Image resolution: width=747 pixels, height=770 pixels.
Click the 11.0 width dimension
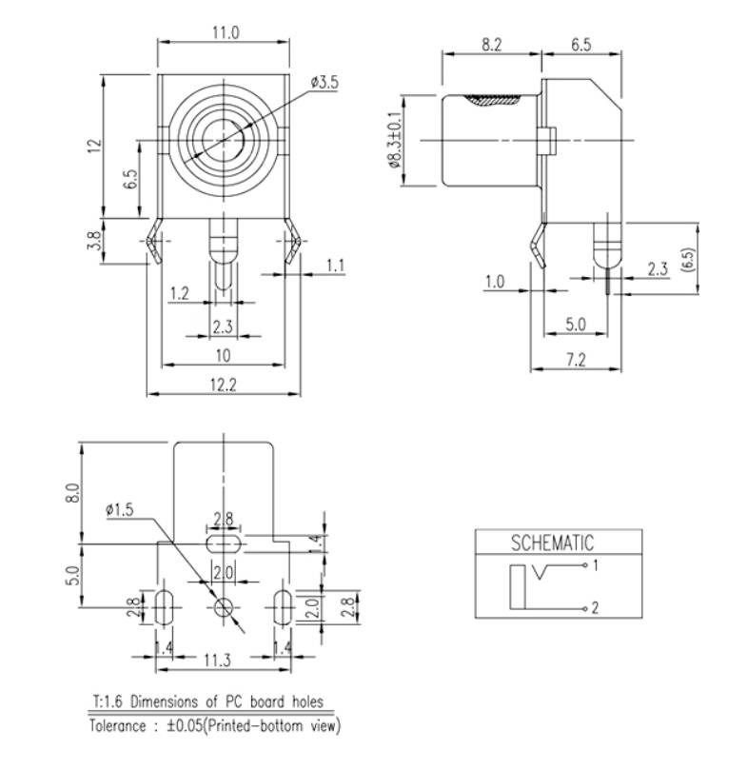[224, 32]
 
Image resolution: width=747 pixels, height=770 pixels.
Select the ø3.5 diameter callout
[324, 84]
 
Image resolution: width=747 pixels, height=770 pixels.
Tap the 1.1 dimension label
[335, 266]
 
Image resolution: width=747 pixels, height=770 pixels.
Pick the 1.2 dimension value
[178, 293]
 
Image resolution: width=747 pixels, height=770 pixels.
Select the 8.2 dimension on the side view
[492, 44]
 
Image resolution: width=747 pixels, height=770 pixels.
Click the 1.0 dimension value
[495, 283]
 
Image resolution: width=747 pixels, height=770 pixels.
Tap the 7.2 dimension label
[575, 360]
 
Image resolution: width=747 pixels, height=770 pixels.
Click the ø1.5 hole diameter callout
[121, 510]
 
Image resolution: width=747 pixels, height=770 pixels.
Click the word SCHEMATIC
[552, 543]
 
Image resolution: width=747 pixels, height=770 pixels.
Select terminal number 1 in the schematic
[595, 566]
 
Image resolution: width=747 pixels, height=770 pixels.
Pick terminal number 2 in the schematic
[595, 607]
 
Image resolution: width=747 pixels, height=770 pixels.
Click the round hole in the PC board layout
[225, 606]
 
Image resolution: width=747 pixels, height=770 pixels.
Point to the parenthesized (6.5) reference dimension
[688, 258]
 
